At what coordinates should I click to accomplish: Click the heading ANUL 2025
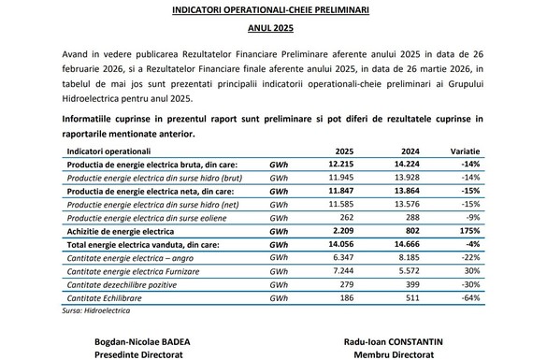tap(272, 29)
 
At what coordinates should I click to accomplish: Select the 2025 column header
tap(345, 151)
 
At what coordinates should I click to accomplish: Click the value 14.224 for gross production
tap(409, 165)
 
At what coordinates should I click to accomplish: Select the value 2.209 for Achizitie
tap(344, 229)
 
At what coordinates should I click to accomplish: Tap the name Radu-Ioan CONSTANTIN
tap(402, 342)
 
